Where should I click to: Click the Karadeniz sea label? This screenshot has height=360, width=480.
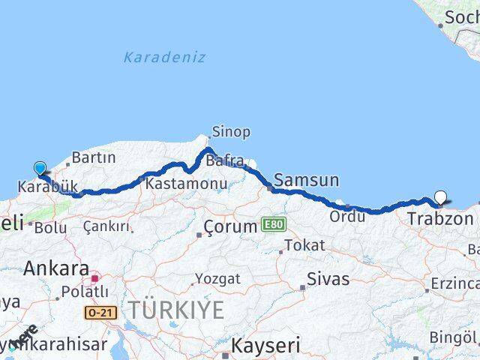(164, 57)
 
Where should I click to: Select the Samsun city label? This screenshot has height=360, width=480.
(306, 180)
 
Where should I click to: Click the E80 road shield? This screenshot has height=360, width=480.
(274, 224)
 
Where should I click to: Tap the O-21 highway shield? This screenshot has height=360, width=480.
(100, 312)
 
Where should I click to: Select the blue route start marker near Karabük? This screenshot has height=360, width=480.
(40, 169)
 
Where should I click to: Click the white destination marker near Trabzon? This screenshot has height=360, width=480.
(440, 198)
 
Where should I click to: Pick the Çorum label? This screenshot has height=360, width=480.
(231, 226)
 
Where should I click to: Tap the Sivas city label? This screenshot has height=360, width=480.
(327, 280)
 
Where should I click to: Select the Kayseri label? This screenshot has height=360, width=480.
(265, 346)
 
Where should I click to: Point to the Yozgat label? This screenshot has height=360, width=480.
(217, 279)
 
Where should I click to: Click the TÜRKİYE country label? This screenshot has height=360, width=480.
(175, 309)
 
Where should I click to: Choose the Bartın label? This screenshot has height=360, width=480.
(93, 158)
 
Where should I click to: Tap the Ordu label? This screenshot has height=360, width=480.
(347, 216)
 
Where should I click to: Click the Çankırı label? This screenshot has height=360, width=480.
(106, 226)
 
